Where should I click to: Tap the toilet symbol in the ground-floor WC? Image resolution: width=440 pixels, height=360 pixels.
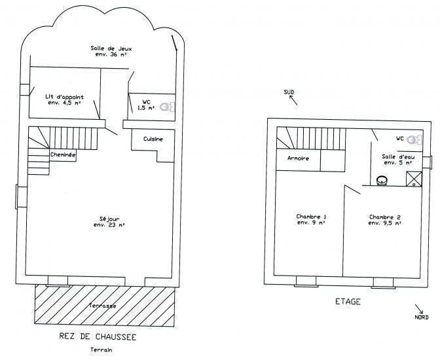[167, 107]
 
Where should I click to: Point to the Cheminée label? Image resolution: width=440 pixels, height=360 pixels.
[63, 154]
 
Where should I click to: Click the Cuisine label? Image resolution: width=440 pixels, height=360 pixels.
[153, 139]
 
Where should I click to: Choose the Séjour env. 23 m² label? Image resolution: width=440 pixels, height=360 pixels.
[109, 222]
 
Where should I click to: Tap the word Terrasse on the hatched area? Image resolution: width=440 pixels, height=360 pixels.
[102, 306]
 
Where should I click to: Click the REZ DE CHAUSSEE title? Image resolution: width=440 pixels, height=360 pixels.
[98, 336]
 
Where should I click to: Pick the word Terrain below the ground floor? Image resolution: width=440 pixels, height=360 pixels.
[101, 350]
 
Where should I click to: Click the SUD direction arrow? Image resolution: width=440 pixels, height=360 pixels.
[293, 100]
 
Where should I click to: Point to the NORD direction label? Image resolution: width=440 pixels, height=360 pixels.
[422, 317]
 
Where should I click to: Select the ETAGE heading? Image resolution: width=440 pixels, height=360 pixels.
[348, 302]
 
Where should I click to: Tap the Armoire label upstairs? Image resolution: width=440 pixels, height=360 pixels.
[299, 158]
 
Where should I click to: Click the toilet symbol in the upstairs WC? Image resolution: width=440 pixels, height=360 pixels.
[414, 139]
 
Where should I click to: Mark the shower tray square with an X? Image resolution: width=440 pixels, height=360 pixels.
[414, 179]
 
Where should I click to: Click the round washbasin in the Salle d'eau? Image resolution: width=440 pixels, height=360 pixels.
[382, 180]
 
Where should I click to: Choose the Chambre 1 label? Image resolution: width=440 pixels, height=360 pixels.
[311, 217]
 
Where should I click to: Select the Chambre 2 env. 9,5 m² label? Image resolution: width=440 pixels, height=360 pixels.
[385, 220]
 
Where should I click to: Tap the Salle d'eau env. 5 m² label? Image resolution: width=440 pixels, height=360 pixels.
[398, 160]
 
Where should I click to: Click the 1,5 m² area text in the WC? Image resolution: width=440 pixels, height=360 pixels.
[146, 108]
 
